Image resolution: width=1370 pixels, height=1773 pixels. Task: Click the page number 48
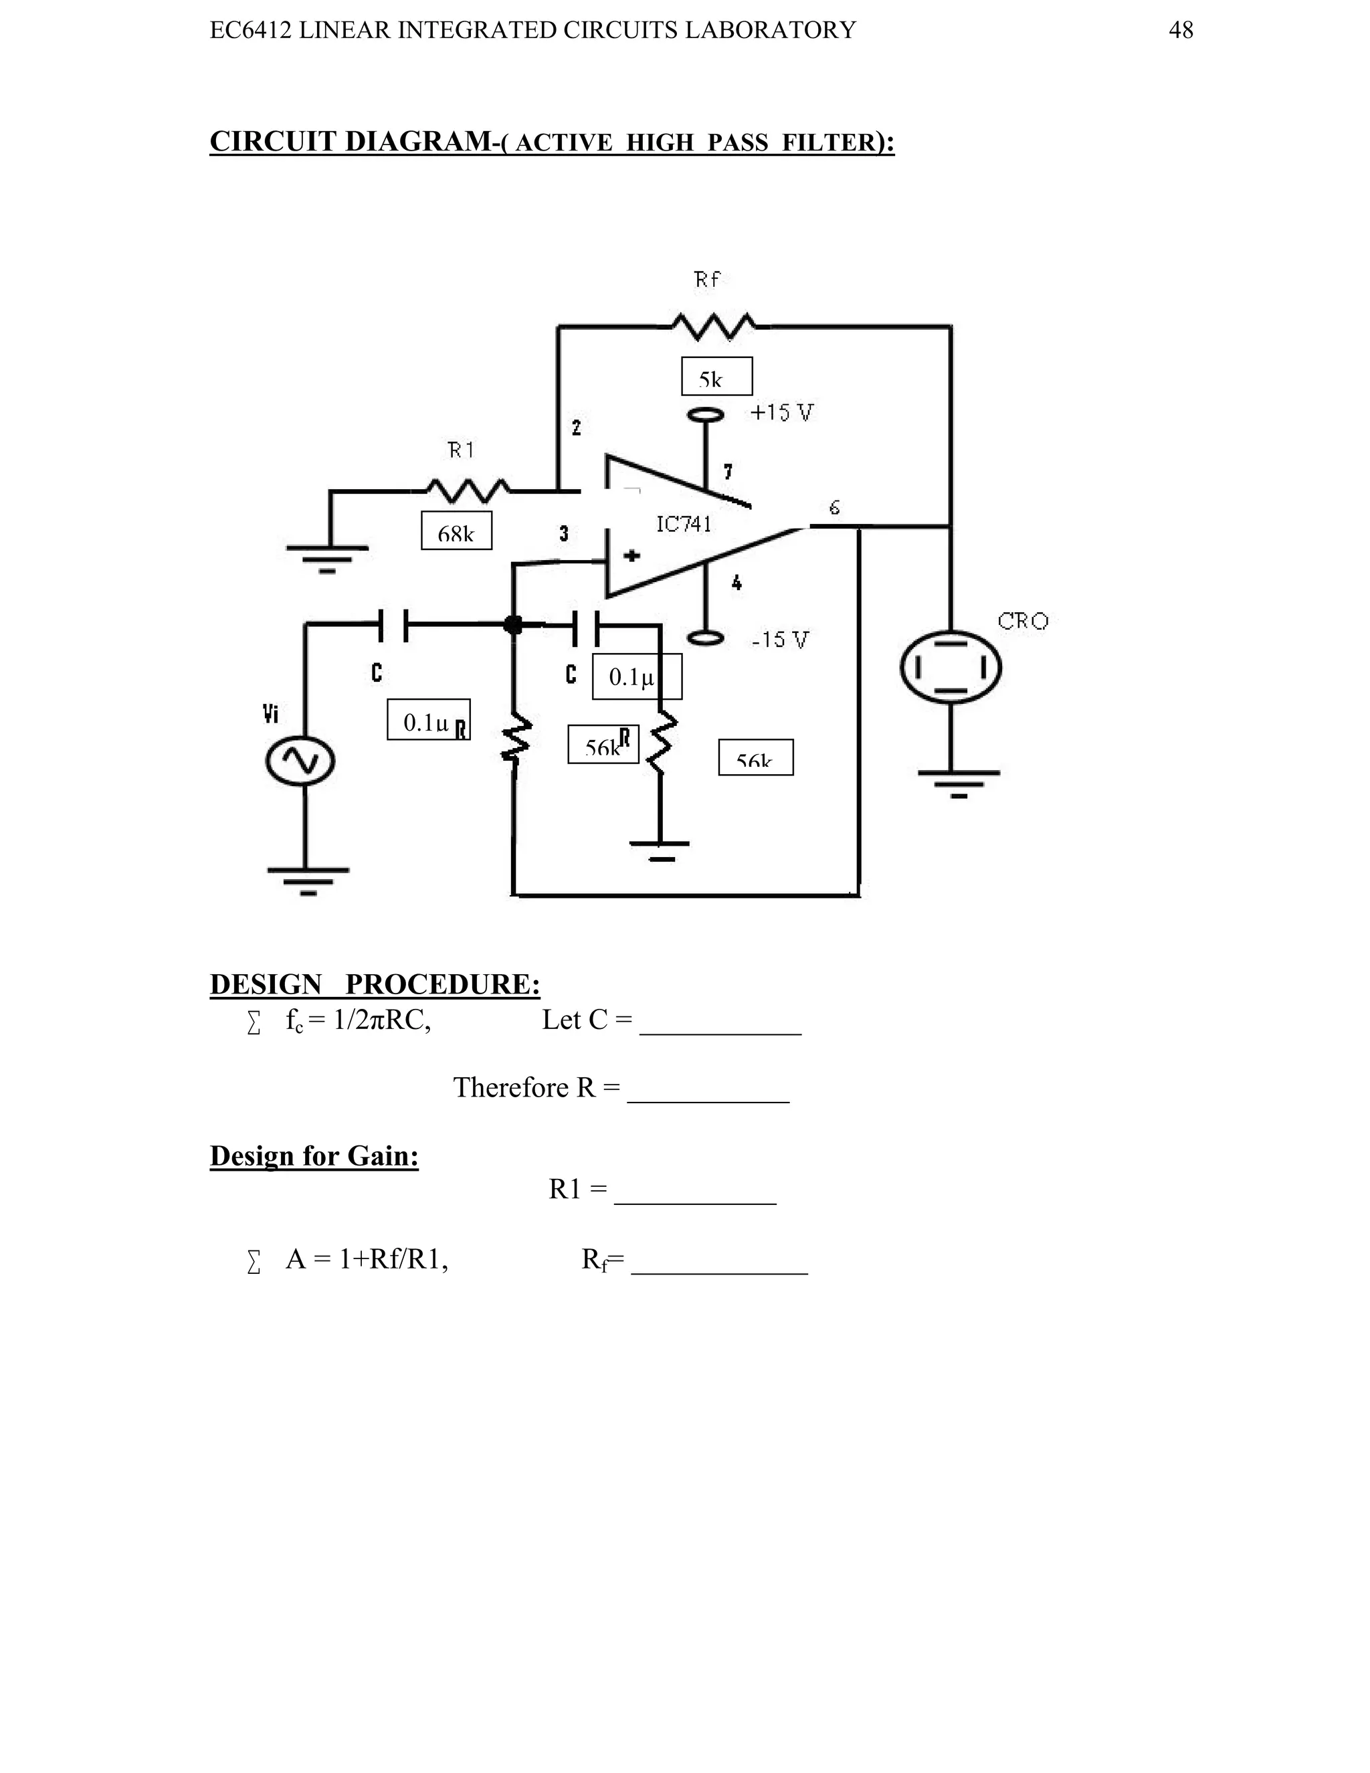tap(1180, 31)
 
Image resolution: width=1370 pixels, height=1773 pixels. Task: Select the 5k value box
tap(716, 377)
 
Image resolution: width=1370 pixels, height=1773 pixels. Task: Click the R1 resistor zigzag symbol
tap(468, 490)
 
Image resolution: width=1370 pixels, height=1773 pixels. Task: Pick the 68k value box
tap(456, 531)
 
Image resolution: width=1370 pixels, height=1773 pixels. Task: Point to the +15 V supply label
tap(781, 413)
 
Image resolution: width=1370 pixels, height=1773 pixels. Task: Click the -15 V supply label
tap(780, 640)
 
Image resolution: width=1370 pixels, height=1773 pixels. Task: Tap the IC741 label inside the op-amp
tap(684, 525)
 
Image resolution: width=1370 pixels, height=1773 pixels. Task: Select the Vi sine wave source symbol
tap(300, 761)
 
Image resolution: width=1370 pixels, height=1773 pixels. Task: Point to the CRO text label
tap(1023, 622)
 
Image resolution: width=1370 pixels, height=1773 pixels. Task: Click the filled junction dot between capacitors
tap(513, 624)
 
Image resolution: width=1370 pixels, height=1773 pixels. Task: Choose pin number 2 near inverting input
tap(576, 428)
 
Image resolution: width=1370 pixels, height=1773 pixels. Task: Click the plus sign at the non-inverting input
tap(631, 556)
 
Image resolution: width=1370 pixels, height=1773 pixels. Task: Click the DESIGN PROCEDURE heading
tap(375, 984)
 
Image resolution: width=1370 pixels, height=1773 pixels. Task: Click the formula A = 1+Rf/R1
tap(367, 1259)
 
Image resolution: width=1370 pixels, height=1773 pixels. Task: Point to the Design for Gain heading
tap(314, 1155)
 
